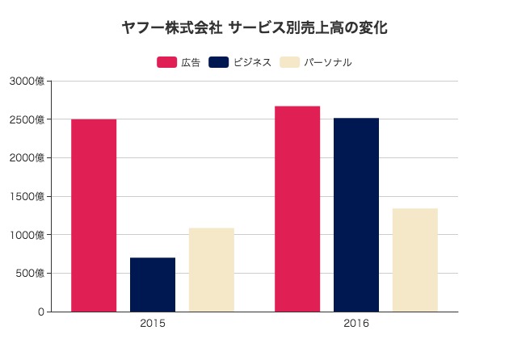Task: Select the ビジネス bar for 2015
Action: pos(153,284)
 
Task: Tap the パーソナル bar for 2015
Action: pos(212,270)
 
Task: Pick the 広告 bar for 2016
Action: pos(297,209)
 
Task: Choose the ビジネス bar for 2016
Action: pos(356,215)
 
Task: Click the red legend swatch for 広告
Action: pos(166,62)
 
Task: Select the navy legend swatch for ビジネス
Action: pos(218,62)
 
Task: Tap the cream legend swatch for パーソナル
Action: pos(289,62)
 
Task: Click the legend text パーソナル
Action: pos(327,62)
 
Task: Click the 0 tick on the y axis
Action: pos(40,312)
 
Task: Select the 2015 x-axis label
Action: pos(153,324)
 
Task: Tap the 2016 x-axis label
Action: pos(356,324)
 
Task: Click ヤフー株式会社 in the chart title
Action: pos(171,27)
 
